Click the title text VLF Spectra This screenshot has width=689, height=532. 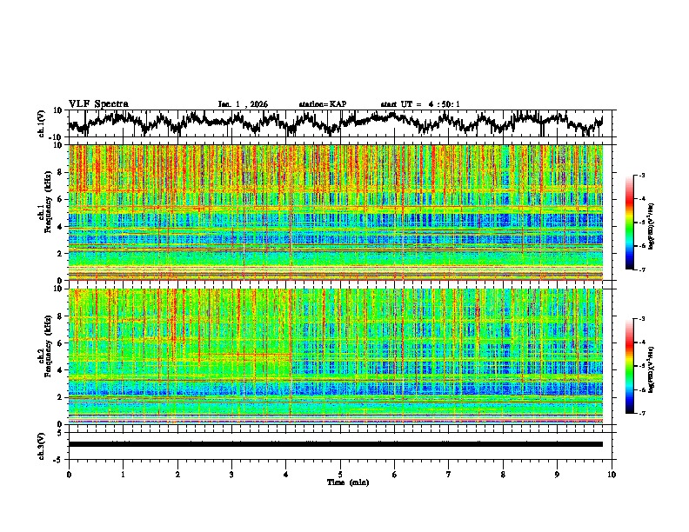click(x=98, y=103)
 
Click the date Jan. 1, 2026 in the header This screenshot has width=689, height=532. click(x=244, y=104)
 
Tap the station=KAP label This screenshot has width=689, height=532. click(x=322, y=104)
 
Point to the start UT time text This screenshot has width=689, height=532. click(x=419, y=104)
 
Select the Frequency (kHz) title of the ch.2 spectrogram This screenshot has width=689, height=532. click(x=42, y=356)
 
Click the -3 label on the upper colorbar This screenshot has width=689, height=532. click(x=641, y=176)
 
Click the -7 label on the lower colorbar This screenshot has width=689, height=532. click(x=641, y=414)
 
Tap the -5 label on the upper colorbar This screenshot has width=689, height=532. click(x=641, y=223)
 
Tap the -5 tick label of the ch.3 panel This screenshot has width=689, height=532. click(x=60, y=457)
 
